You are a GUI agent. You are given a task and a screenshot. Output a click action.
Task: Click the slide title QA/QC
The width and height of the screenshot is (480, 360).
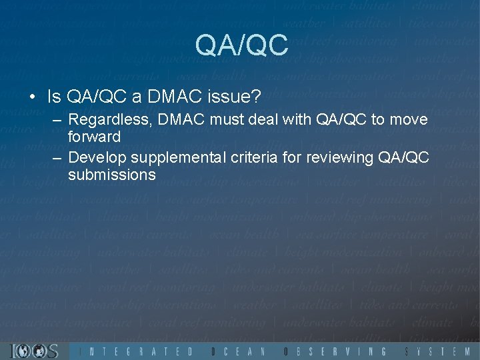tap(241, 45)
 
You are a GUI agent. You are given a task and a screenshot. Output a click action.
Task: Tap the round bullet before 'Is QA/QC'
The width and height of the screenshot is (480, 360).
tap(33, 98)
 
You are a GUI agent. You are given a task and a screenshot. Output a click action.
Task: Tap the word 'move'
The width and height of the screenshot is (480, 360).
tap(408, 121)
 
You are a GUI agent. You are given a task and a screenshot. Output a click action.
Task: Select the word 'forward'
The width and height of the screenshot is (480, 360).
tap(94, 137)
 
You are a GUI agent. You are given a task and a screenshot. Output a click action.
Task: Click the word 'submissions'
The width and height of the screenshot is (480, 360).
tap(111, 175)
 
